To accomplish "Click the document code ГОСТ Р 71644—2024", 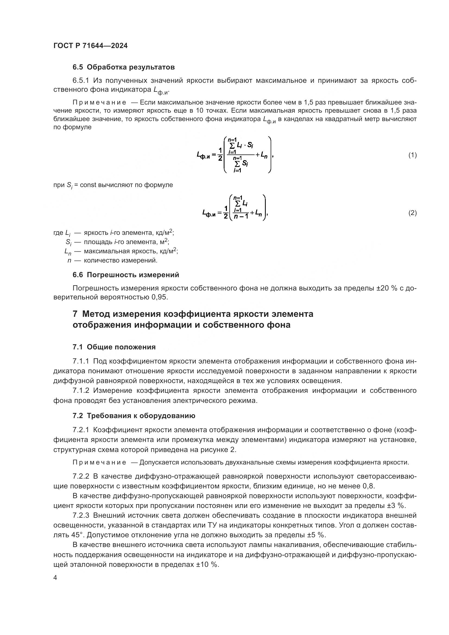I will click(90, 46).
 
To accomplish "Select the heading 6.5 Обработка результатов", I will click(124, 67).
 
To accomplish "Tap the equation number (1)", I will click(412, 155).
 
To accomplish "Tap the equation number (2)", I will click(412, 213).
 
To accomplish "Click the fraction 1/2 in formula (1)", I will click(220, 154).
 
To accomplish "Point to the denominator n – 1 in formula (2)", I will click(241, 217).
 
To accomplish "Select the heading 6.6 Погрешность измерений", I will click(126, 275).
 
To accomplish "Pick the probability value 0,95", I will click(160, 298).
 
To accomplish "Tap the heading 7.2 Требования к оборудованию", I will click(134, 416).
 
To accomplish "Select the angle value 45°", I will click(78, 535).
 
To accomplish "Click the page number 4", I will click(55, 578).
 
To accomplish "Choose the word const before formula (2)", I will click(88, 185).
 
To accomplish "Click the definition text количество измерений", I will click(121, 260).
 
